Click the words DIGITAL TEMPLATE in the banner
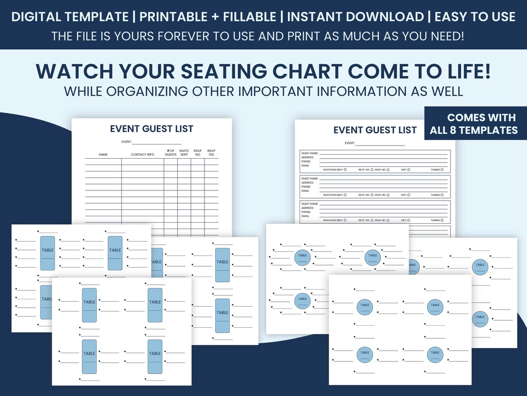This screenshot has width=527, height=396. [x=70, y=17]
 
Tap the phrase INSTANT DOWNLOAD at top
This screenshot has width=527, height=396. [x=355, y=17]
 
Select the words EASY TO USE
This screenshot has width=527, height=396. [x=474, y=17]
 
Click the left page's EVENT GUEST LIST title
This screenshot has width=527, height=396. [x=151, y=129]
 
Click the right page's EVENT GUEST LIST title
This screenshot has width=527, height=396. [x=375, y=130]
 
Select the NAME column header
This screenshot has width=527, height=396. [x=103, y=155]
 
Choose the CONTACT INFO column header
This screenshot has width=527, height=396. [x=142, y=155]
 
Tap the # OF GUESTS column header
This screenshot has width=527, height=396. [x=171, y=153]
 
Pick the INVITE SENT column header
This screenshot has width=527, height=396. [x=184, y=153]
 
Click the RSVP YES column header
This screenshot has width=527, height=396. [x=211, y=153]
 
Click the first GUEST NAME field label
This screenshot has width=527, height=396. [x=310, y=153]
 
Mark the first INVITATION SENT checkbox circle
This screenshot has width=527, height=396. [x=345, y=169]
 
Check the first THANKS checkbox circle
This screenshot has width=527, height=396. [x=442, y=169]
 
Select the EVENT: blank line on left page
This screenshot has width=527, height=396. [x=156, y=142]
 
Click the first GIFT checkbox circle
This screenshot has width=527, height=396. [x=408, y=169]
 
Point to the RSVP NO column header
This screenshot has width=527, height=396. [x=198, y=153]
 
